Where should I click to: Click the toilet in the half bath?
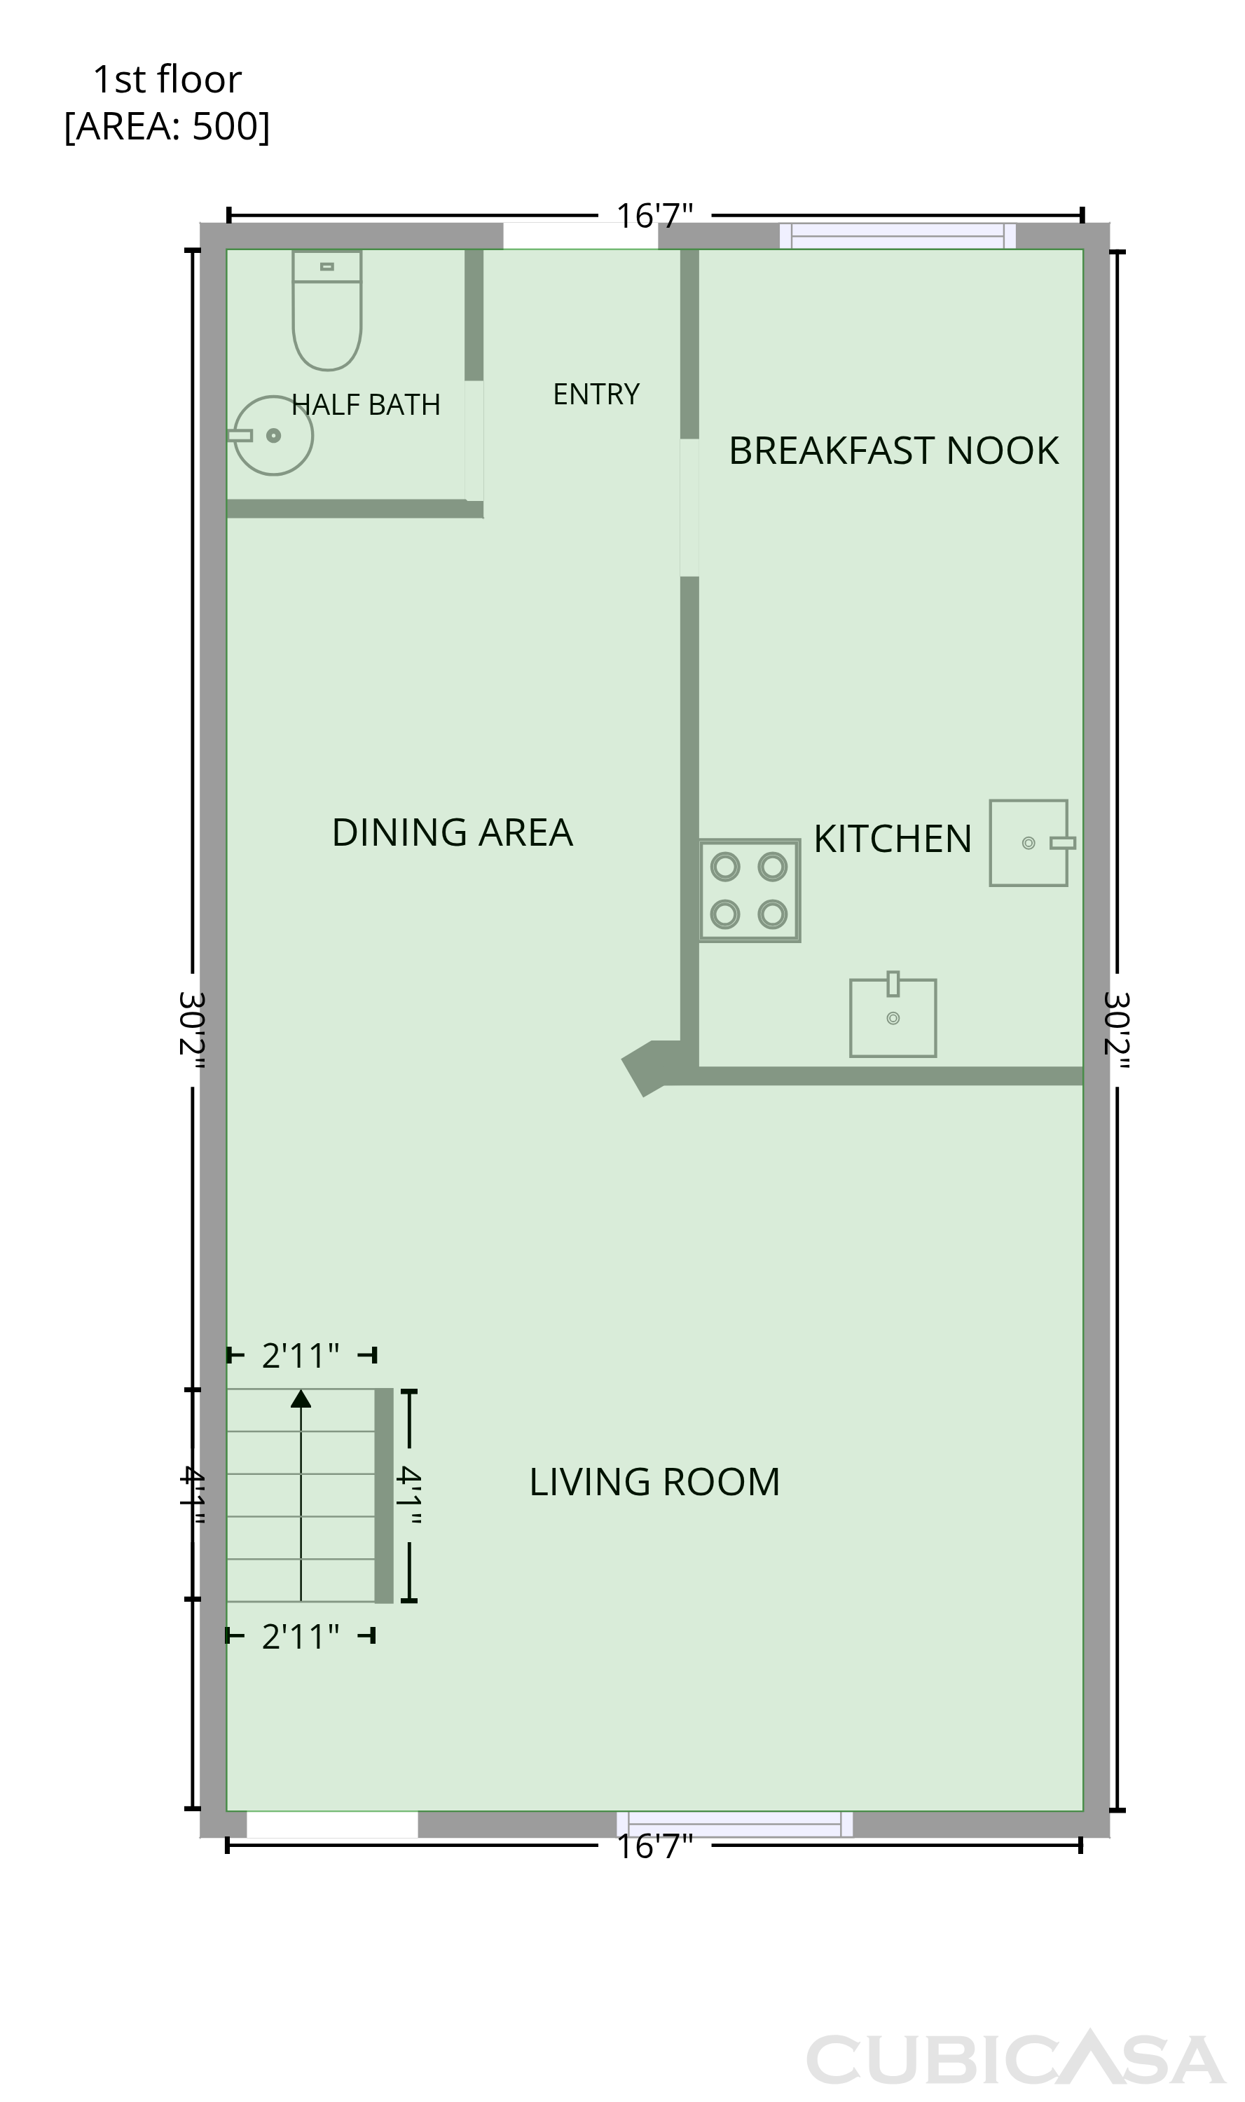tap(327, 310)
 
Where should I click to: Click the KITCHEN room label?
tap(893, 839)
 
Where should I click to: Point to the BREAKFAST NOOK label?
tap(893, 451)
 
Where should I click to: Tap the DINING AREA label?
tap(452, 832)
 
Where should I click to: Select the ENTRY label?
tap(596, 394)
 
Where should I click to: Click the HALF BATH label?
tap(366, 405)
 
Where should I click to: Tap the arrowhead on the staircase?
tap(301, 1399)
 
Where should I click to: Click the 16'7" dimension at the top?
tap(654, 216)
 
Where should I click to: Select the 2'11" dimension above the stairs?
tap(301, 1356)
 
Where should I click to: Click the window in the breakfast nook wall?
tap(897, 237)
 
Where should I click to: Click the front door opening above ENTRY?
tap(581, 237)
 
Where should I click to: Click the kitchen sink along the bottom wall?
tap(893, 1015)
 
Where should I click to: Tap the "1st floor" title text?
tap(167, 80)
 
